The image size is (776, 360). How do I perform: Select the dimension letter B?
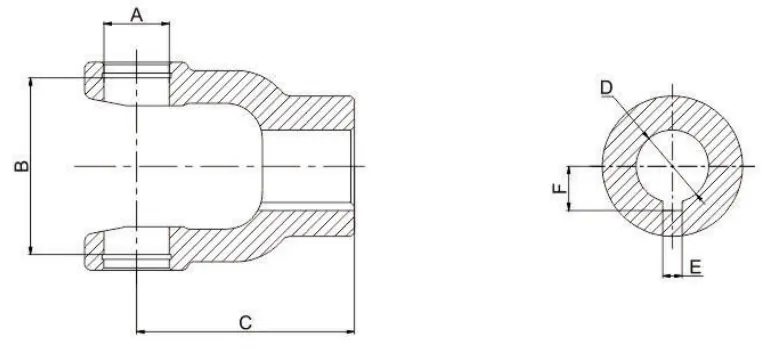20,164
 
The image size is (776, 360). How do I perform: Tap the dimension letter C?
244,321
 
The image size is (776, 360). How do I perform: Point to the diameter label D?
606,88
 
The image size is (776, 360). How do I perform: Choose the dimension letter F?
561,187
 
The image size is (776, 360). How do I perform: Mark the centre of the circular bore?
672,165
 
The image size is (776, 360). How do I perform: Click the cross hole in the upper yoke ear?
137,84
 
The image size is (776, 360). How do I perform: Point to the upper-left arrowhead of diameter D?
645,133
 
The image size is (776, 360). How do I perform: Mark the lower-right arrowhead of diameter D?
700,197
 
